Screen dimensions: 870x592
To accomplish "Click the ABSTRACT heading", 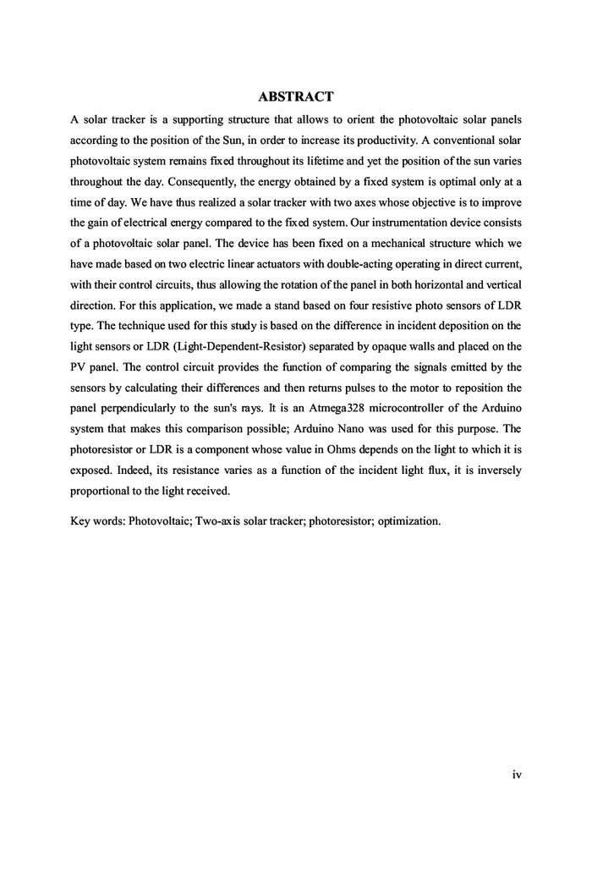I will click(x=295, y=97).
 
